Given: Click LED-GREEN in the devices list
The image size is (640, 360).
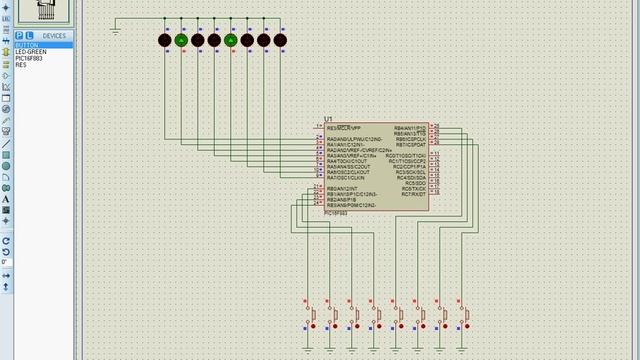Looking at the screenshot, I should click(30, 51).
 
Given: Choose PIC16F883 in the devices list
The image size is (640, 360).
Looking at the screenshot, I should click(28, 58).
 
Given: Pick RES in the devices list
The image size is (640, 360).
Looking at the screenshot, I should click(21, 64).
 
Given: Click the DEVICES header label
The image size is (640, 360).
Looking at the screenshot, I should click(54, 36).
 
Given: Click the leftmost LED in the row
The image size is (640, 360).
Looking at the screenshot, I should click(165, 40).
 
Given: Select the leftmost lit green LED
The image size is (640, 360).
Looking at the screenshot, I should click(181, 40).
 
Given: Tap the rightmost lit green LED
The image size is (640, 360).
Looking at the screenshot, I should click(230, 40).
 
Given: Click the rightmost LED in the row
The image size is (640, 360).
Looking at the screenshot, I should click(280, 40).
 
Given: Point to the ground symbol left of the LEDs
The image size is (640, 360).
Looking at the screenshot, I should click(116, 29).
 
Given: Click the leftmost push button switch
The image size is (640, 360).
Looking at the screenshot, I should click(312, 315).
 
